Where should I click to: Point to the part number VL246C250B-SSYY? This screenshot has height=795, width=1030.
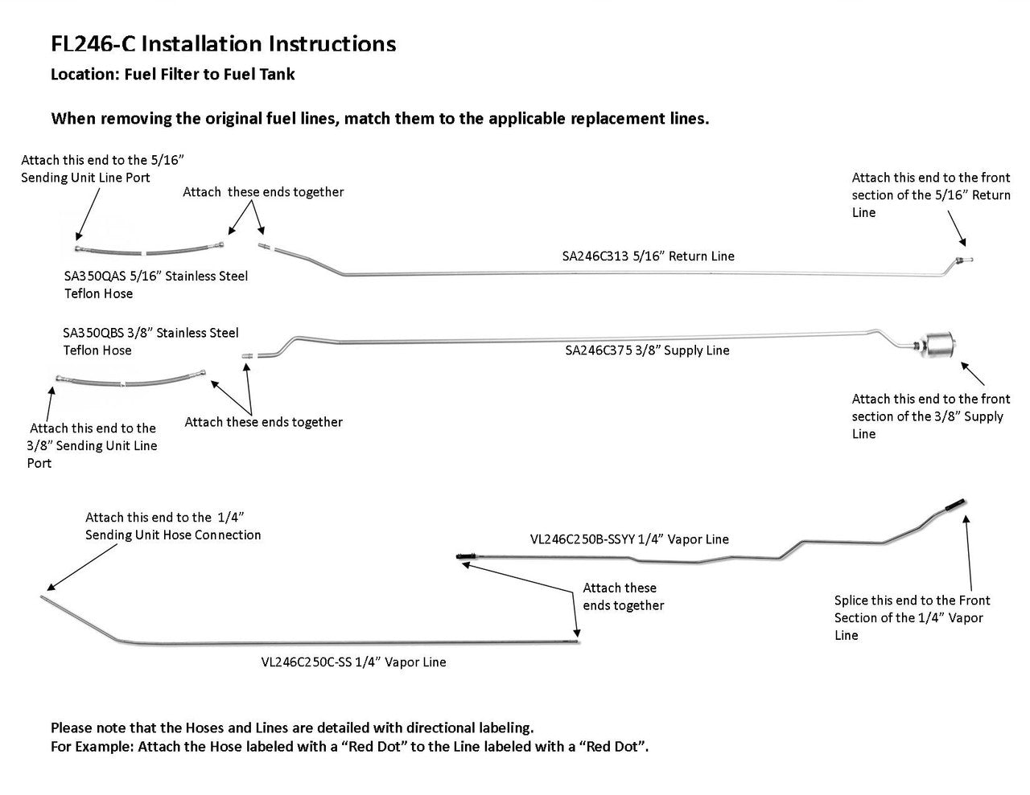583,539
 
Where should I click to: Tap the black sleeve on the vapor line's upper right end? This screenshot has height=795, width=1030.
955,505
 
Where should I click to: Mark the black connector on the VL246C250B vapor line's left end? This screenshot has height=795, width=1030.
467,557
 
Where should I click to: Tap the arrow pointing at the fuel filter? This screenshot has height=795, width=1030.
973,374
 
